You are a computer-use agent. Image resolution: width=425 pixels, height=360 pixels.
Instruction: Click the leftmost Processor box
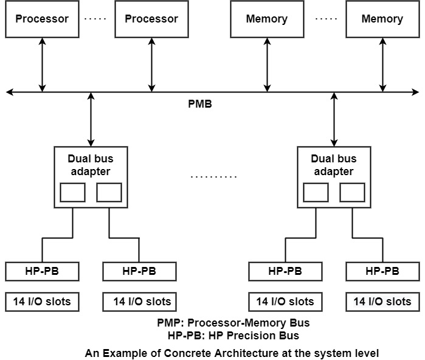(x=42, y=19)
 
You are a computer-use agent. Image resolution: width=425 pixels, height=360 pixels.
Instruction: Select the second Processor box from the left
(x=151, y=19)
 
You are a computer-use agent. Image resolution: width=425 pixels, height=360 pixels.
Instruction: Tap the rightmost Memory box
(x=382, y=19)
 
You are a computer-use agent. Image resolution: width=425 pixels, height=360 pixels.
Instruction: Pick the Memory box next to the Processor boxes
(x=266, y=19)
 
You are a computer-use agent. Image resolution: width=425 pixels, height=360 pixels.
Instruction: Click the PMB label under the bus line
(x=199, y=104)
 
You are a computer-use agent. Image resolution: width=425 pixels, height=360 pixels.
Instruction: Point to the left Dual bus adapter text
(x=91, y=165)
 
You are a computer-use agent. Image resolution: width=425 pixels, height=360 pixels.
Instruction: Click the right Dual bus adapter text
(x=333, y=165)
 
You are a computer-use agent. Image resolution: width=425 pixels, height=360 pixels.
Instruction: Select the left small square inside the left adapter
(x=72, y=192)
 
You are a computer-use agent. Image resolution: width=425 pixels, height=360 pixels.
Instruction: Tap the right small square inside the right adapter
(x=351, y=192)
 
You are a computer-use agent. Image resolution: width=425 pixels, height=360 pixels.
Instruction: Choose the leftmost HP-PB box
(x=42, y=271)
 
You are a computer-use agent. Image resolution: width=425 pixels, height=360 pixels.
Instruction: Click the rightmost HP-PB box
(x=382, y=271)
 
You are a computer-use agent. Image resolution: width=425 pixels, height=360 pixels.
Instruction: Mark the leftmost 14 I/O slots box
(x=42, y=301)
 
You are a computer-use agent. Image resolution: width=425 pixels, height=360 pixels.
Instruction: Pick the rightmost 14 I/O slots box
(x=382, y=301)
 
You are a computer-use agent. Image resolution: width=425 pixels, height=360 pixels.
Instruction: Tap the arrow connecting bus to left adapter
(x=91, y=119)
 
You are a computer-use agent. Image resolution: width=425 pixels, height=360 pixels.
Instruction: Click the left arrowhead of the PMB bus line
(x=9, y=92)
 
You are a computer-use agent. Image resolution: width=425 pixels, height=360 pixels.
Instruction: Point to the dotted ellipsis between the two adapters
(x=213, y=177)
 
